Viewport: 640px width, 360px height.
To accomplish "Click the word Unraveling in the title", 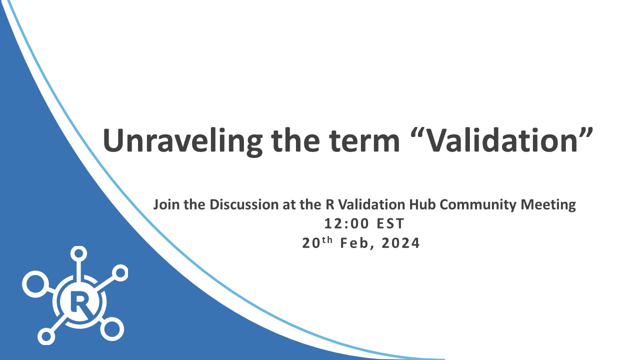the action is [182, 141].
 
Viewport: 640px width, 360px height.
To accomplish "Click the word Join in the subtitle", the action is [166, 204].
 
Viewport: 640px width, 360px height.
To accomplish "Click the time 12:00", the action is [347, 223].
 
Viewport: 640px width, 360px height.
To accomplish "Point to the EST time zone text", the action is [390, 223].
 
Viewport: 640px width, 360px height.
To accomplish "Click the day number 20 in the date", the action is [311, 243].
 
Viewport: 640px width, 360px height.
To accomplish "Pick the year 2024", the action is [400, 243].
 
